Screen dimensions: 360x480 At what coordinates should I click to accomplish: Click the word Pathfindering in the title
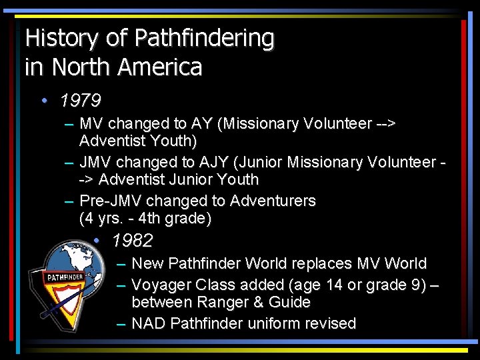tap(204, 39)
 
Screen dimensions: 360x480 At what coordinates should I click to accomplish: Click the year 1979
tap(80, 101)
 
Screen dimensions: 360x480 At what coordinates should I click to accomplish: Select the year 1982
tap(133, 241)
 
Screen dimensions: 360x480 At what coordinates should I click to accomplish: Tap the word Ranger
tap(221, 303)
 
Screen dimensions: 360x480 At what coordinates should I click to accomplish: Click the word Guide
tap(289, 303)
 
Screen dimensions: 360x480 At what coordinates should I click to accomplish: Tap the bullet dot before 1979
tap(43, 101)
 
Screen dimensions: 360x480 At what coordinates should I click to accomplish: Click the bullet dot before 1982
tap(97, 241)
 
